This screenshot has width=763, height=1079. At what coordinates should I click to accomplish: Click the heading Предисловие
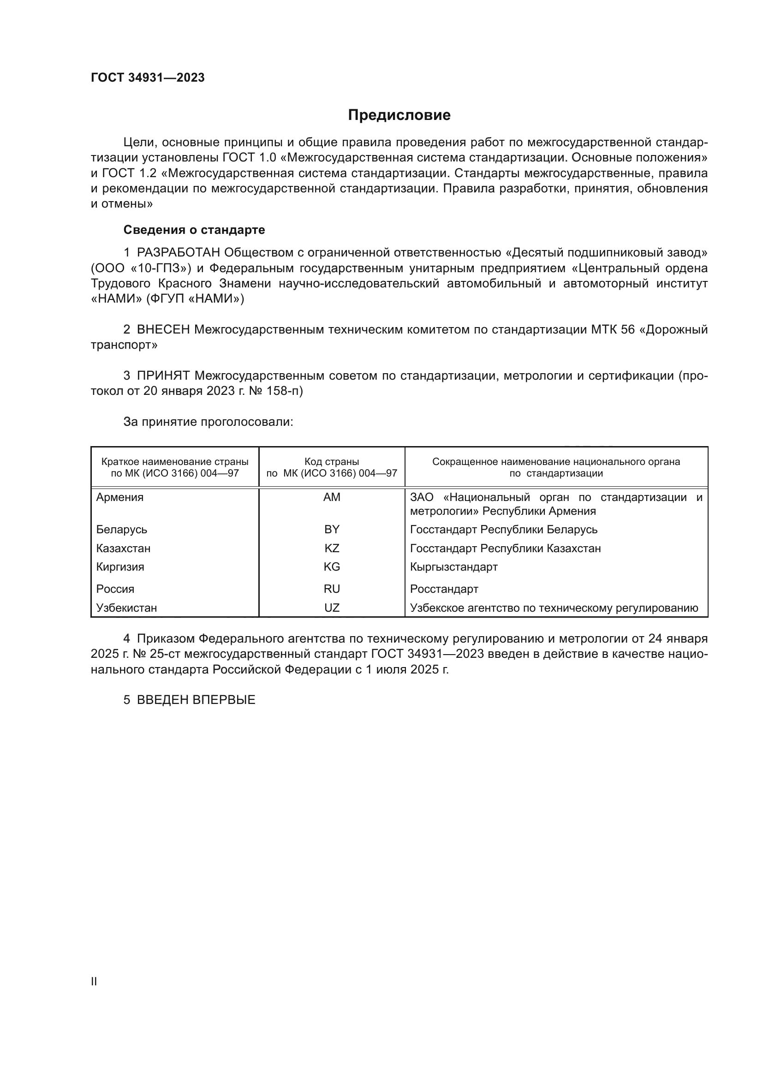pos(399,115)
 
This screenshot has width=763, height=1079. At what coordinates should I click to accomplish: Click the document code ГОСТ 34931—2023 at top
pos(148,78)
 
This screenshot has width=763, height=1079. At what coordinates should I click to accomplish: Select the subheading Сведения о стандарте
pos(194,230)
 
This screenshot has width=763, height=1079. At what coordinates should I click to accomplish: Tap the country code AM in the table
pos(332,497)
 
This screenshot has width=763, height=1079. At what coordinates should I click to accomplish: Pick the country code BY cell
pos(332,530)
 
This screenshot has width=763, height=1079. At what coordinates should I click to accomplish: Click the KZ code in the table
pos(332,548)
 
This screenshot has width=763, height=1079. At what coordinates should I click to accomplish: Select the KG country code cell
pos(332,567)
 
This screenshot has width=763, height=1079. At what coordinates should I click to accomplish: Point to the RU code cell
pos(332,589)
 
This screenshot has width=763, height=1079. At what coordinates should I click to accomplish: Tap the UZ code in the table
pos(332,608)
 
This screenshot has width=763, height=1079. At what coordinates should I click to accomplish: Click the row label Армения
pos(120,497)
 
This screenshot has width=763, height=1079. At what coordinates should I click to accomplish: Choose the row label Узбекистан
pos(126,608)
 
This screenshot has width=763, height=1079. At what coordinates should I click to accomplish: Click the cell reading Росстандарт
pos(444,589)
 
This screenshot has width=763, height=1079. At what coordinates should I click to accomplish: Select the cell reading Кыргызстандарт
pos(454,567)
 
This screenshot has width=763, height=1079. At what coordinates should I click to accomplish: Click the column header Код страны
pos(332,462)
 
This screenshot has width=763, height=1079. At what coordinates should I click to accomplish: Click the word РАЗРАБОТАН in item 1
pos(179,253)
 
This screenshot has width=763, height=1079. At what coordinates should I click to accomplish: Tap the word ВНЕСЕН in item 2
pos(163,330)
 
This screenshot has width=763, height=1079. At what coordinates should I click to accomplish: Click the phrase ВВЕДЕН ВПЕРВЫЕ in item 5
pos(196,700)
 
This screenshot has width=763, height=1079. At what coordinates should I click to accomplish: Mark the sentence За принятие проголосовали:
pos(208,422)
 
